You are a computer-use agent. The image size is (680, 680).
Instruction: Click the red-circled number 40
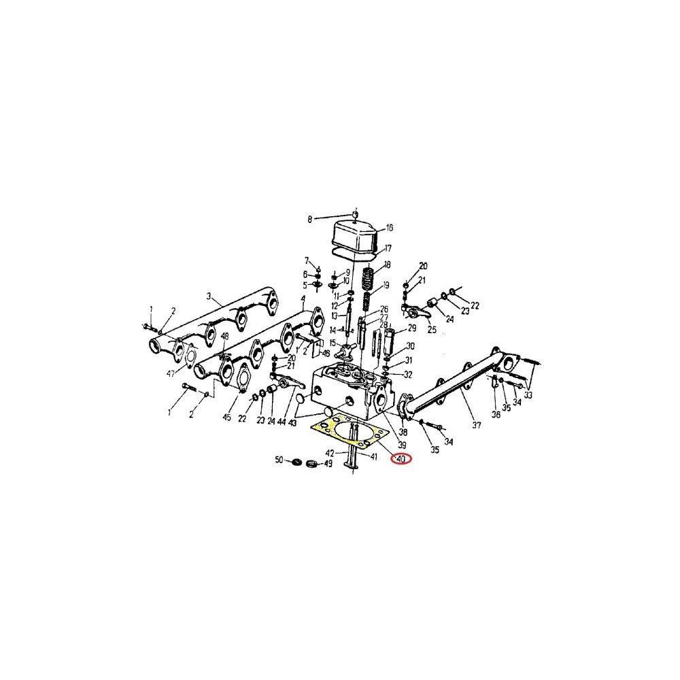click(401, 459)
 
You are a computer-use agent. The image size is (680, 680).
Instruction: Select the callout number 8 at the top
click(310, 219)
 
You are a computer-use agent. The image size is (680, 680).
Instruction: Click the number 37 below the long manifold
click(476, 426)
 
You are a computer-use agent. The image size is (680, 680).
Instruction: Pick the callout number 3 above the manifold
click(210, 296)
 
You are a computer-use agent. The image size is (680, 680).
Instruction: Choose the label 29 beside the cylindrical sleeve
click(411, 328)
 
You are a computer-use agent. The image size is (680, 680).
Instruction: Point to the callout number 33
click(528, 394)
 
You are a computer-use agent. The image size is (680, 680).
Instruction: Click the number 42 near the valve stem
click(330, 453)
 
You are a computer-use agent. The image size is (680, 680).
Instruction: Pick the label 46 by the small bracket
click(326, 354)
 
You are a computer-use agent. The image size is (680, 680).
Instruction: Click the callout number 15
click(333, 342)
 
